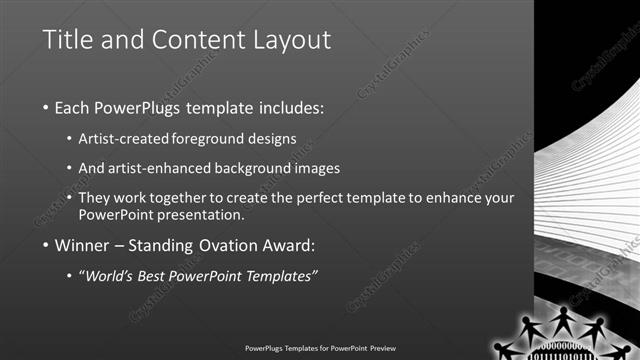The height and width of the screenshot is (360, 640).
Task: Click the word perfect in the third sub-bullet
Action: click(x=305, y=198)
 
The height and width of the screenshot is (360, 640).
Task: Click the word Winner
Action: click(x=81, y=245)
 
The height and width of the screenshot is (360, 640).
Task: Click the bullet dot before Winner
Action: click(x=46, y=246)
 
